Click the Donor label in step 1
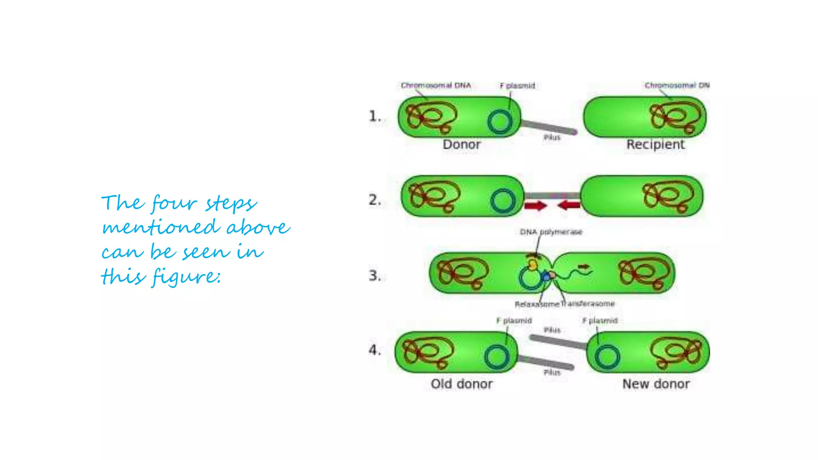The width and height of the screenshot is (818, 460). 461,145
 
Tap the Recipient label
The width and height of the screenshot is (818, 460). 655,145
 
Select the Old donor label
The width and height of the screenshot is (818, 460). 461,384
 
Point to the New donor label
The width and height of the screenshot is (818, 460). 656,384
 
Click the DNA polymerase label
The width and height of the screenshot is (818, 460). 551,232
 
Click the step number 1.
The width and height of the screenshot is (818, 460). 374,117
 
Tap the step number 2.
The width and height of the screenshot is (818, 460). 374,200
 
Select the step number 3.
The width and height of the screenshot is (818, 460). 374,276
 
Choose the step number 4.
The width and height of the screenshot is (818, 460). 374,350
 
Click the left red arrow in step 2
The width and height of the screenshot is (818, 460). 535,206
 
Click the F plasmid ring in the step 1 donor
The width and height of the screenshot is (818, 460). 500,122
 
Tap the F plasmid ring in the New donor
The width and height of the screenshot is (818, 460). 607,357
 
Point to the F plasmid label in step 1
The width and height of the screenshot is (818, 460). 517,85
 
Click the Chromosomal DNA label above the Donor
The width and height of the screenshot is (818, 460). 436,85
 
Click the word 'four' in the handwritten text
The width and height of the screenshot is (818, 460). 174,203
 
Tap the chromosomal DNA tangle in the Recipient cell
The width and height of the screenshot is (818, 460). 675,117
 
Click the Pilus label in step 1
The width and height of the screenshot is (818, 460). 552,138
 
